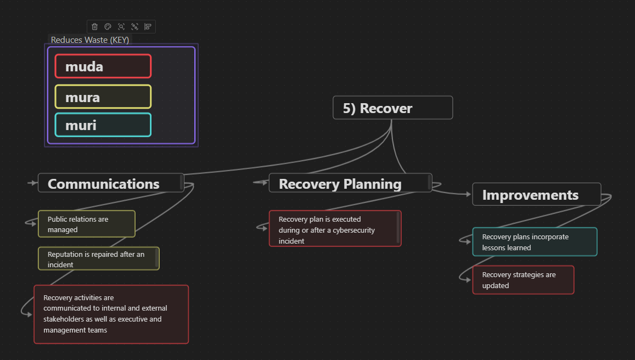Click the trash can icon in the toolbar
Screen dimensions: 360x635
pyautogui.click(x=94, y=26)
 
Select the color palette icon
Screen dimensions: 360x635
pyautogui.click(x=108, y=26)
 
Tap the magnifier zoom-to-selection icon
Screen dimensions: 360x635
pyautogui.click(x=121, y=26)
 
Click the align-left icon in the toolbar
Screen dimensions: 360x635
pyautogui.click(x=148, y=26)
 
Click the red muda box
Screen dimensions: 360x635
pyautogui.click(x=103, y=66)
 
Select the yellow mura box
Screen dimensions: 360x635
pyautogui.click(x=103, y=97)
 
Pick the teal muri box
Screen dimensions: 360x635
pyautogui.click(x=103, y=125)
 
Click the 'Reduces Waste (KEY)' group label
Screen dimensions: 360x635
pyautogui.click(x=90, y=40)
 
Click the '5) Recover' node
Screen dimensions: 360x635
pyautogui.click(x=392, y=108)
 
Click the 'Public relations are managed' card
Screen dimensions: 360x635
pyautogui.click(x=86, y=224)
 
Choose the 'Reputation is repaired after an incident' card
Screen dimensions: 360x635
pyautogui.click(x=98, y=259)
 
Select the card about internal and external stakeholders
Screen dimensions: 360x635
pyautogui.click(x=111, y=314)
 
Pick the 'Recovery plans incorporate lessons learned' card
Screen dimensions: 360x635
pyautogui.click(x=534, y=242)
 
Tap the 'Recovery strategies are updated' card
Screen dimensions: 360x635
pyautogui.click(x=522, y=280)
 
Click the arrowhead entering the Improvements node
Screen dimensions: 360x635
pyautogui.click(x=469, y=194)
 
